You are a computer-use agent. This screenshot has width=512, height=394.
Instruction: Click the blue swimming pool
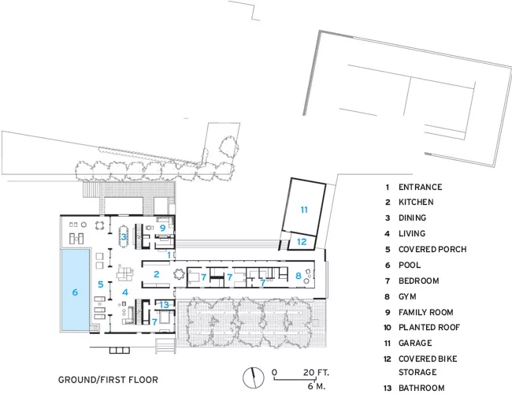(x=75, y=290)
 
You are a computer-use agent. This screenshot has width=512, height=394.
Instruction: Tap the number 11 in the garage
(x=304, y=210)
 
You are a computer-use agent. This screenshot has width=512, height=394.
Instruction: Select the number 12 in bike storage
(x=302, y=242)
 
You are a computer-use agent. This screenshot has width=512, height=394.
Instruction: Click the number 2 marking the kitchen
(x=157, y=274)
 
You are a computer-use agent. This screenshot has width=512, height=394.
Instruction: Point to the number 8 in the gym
(x=298, y=276)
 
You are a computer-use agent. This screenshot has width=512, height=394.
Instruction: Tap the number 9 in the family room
(x=162, y=228)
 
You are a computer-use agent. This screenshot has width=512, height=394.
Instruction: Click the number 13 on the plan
(x=165, y=305)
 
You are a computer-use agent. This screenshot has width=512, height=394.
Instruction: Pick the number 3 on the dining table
(x=124, y=236)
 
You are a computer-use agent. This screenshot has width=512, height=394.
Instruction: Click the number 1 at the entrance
(x=169, y=255)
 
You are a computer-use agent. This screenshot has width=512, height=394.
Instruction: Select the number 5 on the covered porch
(x=101, y=284)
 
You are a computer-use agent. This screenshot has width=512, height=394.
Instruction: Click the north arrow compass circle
(x=254, y=377)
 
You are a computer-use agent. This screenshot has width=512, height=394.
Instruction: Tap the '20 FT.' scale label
(x=316, y=373)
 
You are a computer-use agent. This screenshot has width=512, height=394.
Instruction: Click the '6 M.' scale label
(x=316, y=386)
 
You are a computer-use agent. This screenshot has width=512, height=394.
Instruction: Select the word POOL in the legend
(x=410, y=265)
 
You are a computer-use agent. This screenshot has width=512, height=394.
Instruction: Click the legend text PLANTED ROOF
(x=429, y=327)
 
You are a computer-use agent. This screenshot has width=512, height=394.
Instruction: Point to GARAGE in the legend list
(x=415, y=343)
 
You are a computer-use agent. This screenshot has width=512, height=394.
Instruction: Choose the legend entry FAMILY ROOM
(x=426, y=312)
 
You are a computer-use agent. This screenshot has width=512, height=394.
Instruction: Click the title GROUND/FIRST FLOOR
(x=108, y=380)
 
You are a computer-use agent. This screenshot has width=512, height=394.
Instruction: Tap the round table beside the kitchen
(x=179, y=274)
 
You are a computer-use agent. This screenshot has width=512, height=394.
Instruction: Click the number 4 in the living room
(x=125, y=292)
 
